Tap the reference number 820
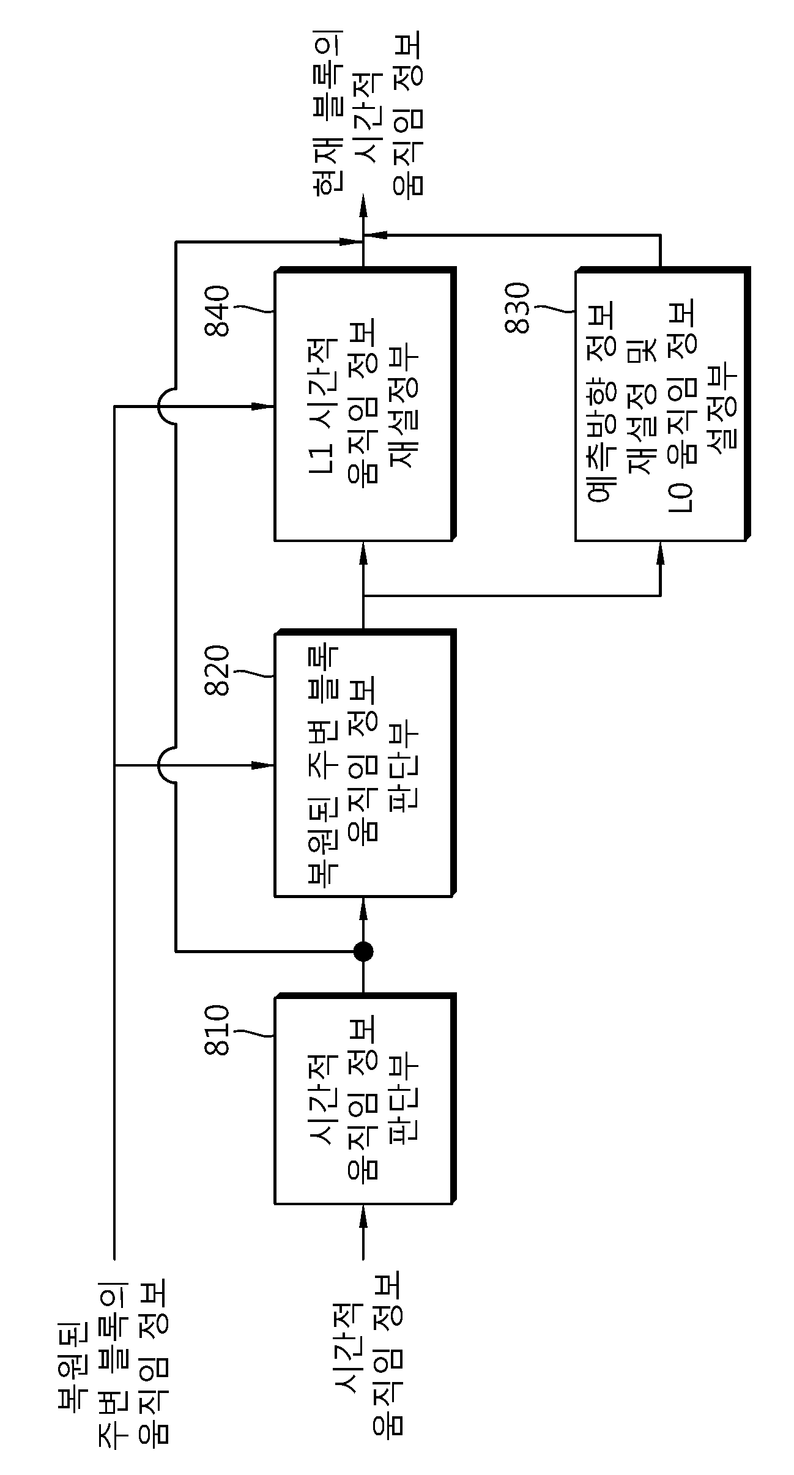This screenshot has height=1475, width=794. click(x=218, y=671)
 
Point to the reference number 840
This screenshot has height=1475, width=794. click(x=218, y=311)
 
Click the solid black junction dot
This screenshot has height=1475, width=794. click(x=363, y=951)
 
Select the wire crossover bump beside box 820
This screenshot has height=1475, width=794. click(x=166, y=765)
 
